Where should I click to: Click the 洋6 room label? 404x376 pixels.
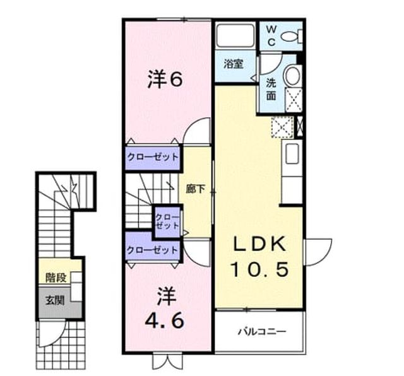(x=165, y=79)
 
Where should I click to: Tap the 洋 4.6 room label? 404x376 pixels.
(x=165, y=308)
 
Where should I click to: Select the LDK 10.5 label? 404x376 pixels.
(x=260, y=257)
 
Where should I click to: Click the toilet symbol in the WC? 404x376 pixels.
(x=292, y=37)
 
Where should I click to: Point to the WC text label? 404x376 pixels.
(x=271, y=37)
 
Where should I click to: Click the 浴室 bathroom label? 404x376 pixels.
(x=234, y=64)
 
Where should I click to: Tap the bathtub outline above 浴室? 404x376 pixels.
(x=235, y=35)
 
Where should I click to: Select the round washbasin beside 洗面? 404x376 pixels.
(x=293, y=76)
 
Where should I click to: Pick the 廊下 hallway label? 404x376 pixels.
(x=196, y=189)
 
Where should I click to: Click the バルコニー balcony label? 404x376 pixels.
(x=262, y=331)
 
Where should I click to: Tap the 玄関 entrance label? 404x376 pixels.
(x=55, y=300)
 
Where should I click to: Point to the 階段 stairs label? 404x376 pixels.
(x=56, y=278)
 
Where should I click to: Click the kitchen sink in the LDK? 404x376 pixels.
(x=292, y=153)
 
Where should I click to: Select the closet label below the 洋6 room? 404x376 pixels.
(x=153, y=157)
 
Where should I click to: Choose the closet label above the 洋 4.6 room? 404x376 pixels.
(x=153, y=250)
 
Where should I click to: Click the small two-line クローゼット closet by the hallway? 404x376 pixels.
(x=167, y=221)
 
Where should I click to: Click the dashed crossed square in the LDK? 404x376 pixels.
(x=283, y=127)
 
